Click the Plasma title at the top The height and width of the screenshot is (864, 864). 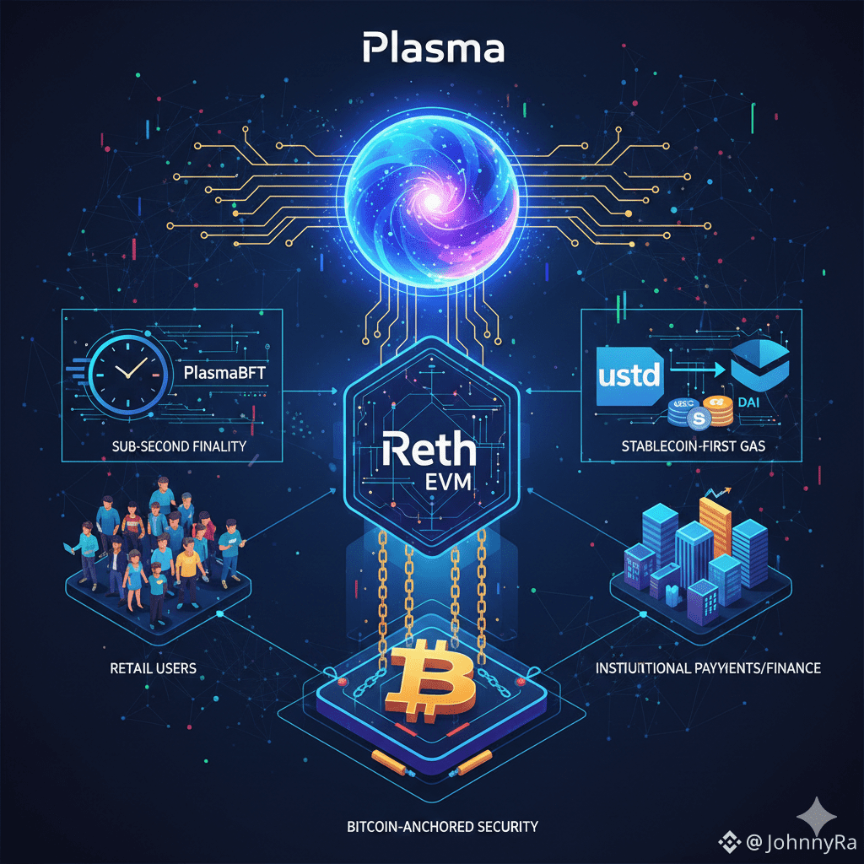coord(433,48)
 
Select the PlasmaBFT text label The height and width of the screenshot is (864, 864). coord(219,371)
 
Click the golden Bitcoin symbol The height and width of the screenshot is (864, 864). coord(431,675)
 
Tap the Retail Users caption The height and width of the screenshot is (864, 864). coord(153,668)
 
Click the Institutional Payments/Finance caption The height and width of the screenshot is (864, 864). coord(708,668)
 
